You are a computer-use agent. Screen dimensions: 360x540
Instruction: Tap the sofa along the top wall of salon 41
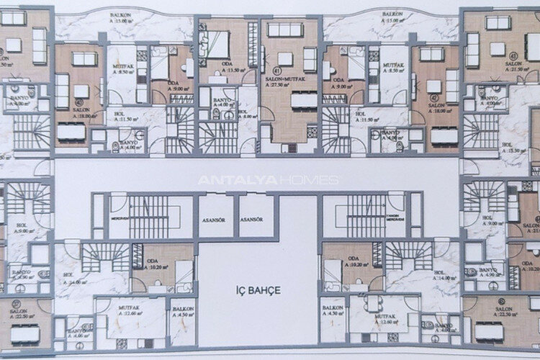(284, 30)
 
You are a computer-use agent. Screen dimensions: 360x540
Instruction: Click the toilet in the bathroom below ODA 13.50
(220, 116)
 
